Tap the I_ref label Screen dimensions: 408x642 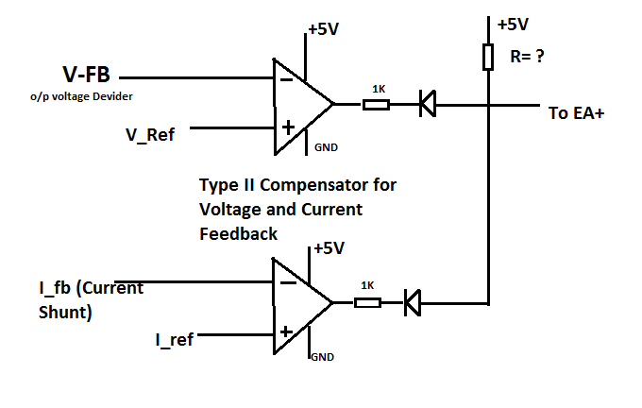pos(175,337)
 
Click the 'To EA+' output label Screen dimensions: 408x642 pos(575,112)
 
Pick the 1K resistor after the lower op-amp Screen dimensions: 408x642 pos(367,303)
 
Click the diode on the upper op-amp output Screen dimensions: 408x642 pos(427,104)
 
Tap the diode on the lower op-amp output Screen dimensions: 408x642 pos(412,303)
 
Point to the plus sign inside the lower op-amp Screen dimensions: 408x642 pos(284,331)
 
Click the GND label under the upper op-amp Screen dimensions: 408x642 pos(326,147)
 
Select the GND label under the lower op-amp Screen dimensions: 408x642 pos(323,357)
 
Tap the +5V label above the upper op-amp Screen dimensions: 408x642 pos(322,29)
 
